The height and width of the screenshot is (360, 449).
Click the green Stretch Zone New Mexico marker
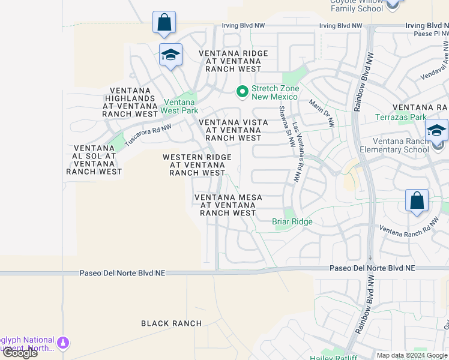coord(243,92)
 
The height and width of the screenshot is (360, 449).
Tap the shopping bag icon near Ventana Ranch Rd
coord(417,200)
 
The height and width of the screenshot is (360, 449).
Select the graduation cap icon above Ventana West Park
coord(170,55)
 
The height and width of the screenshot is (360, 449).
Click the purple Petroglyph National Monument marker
coord(62,343)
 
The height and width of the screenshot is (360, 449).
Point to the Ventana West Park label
coord(179,106)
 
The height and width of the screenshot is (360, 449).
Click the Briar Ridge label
coord(292,221)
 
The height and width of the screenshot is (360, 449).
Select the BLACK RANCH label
coord(172,323)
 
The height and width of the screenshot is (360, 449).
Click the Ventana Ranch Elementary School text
coord(394,145)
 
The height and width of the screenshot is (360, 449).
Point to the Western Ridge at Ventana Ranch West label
coord(197,165)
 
